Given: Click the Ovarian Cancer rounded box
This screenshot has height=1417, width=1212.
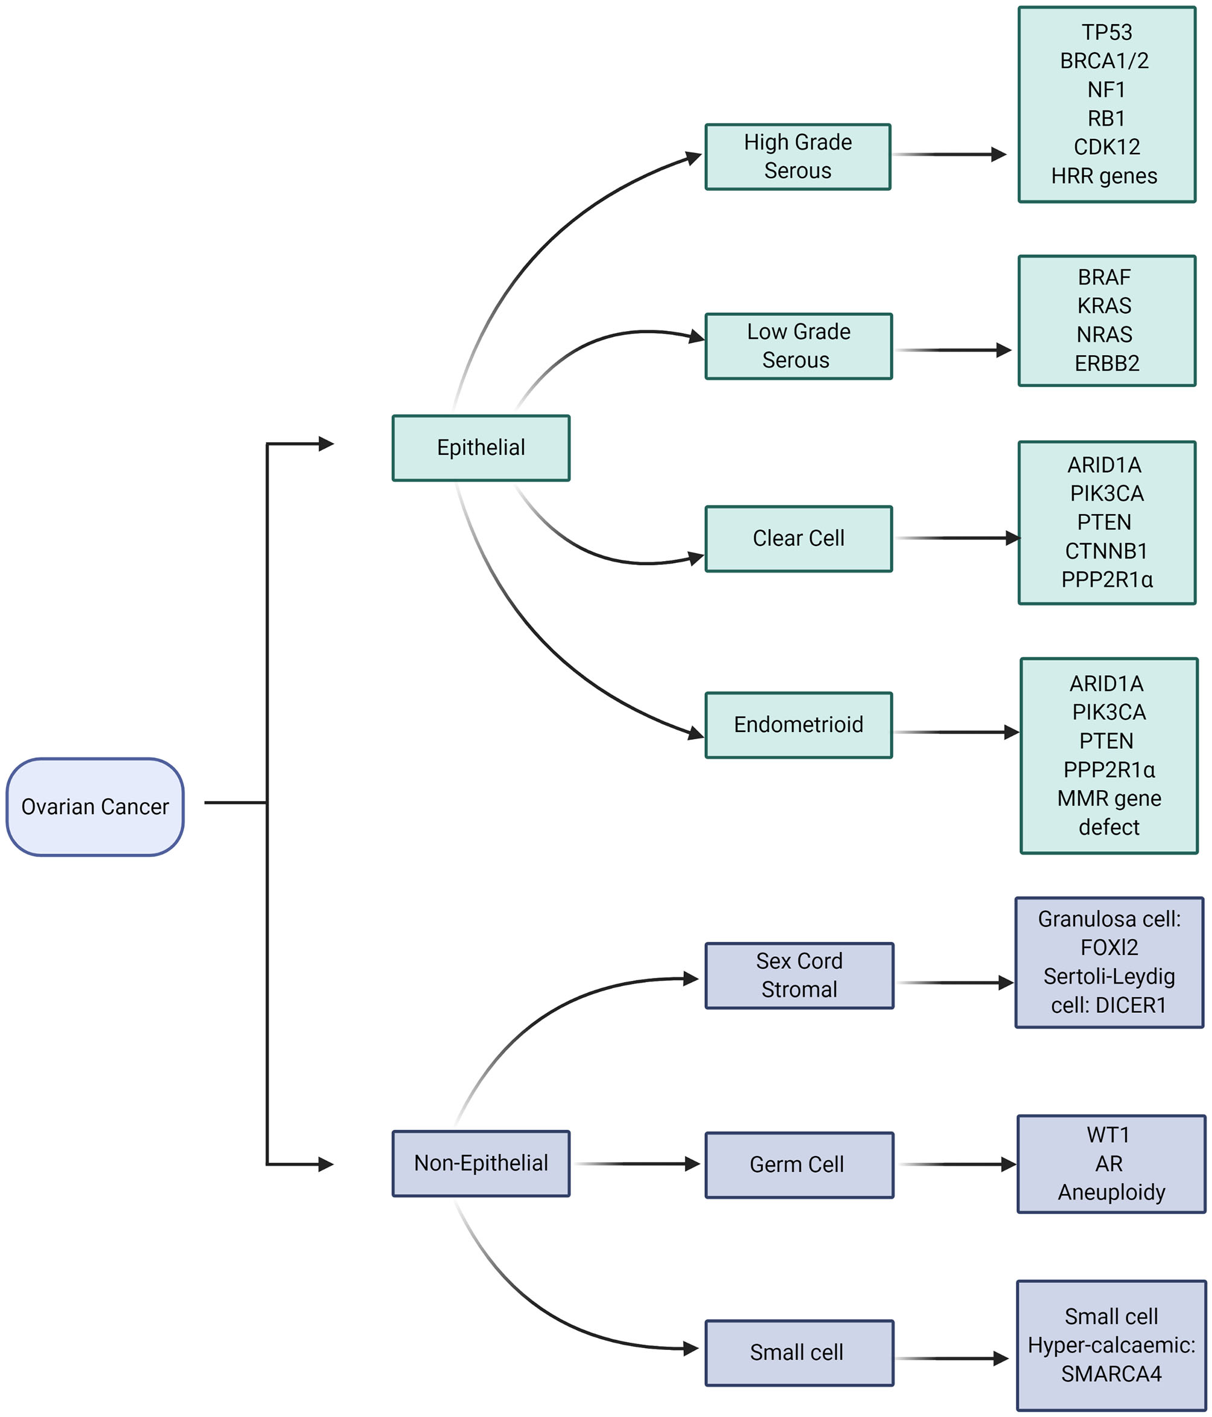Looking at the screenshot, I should [95, 806].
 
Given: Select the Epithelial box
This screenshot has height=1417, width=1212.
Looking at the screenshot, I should [480, 448].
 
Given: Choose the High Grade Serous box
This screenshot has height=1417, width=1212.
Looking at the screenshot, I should [798, 156].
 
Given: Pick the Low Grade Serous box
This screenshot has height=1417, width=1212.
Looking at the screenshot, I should [799, 346].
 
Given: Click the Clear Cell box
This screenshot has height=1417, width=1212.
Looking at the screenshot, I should [799, 538].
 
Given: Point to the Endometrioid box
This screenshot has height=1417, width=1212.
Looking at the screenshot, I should [799, 725].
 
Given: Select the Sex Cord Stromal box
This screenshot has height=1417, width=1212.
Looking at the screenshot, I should [799, 975].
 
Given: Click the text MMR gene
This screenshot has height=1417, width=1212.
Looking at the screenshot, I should [1109, 798].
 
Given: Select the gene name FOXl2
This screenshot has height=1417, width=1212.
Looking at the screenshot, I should [1109, 947].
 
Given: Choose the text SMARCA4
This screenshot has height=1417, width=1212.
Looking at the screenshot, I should [1111, 1374].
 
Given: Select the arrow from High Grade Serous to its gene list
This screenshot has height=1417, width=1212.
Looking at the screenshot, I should [950, 155].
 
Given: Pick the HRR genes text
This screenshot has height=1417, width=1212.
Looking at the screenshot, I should [1103, 176].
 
